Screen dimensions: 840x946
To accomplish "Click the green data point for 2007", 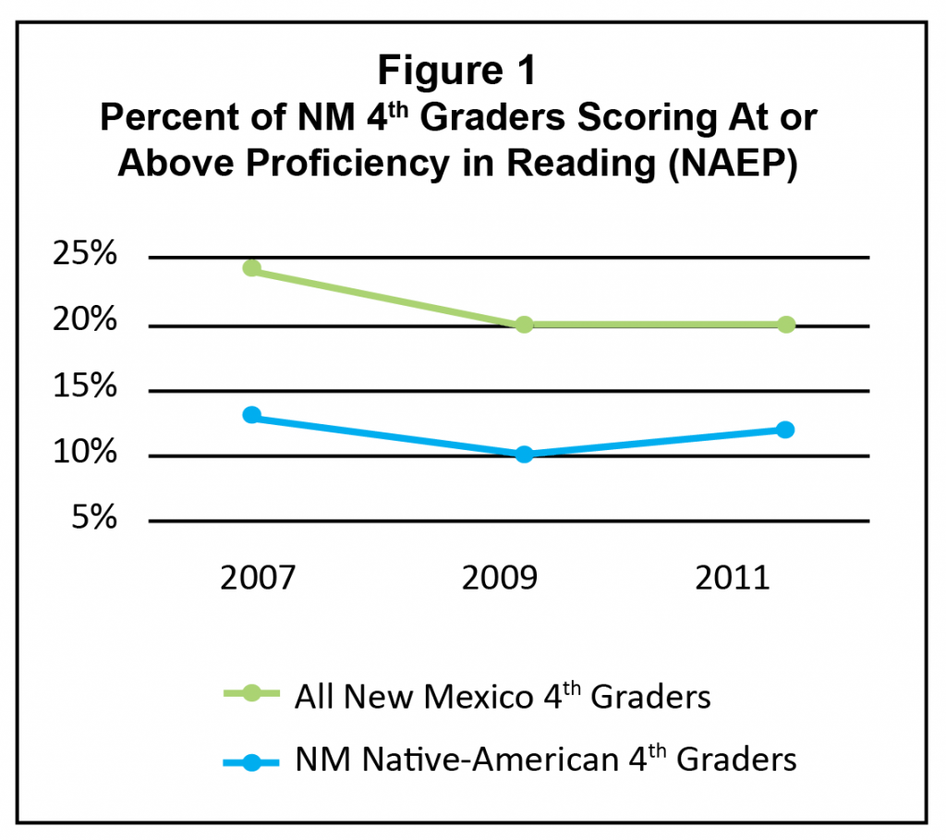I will tap(251, 269).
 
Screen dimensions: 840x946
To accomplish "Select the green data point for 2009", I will tap(524, 324).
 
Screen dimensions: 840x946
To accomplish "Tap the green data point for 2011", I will tap(786, 324).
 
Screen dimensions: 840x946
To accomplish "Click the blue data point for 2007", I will tap(251, 415).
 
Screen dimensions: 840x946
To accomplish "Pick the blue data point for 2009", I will tap(524, 454).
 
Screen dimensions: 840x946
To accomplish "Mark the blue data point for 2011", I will tap(786, 430).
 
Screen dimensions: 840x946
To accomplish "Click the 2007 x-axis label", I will tap(258, 578).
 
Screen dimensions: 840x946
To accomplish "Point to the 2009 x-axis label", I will tap(500, 578).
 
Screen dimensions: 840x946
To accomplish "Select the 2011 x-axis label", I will tap(734, 578).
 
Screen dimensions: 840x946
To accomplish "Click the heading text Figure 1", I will tap(458, 72).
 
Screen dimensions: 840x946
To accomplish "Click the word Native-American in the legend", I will tap(483, 761).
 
